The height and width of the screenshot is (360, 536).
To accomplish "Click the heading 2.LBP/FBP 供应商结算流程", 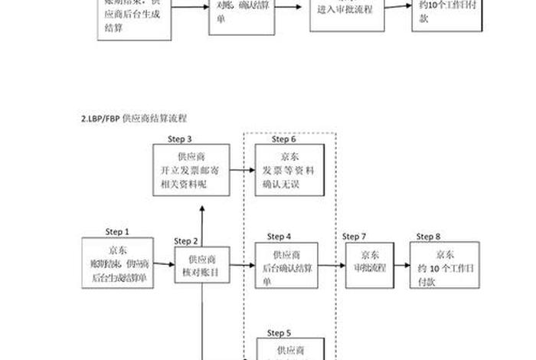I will (x=134, y=119).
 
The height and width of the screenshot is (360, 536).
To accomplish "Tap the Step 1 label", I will (x=117, y=231).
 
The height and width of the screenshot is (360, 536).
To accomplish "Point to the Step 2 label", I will (x=186, y=241).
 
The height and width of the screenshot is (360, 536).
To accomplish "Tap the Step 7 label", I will (x=354, y=236).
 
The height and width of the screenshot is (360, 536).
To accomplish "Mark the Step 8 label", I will (x=429, y=236).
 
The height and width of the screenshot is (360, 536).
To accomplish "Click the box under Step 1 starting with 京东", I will (x=118, y=264).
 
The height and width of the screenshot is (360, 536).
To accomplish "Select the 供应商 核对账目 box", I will (x=202, y=266).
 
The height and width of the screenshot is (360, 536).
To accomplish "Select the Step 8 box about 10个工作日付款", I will (x=444, y=266).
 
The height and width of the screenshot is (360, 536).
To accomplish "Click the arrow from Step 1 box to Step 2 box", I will (x=165, y=265).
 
